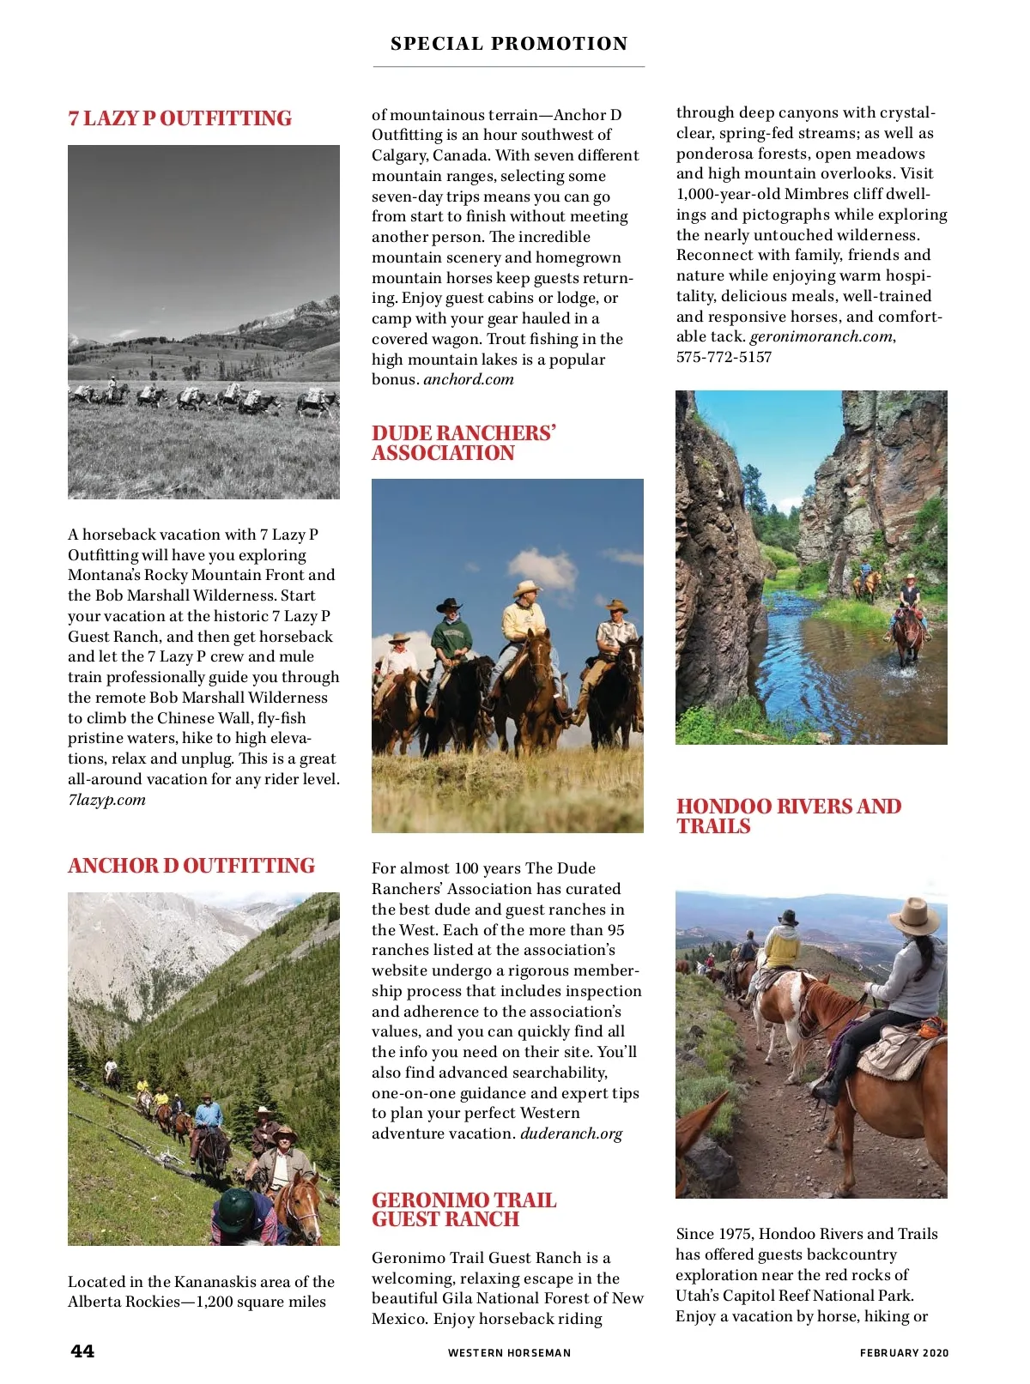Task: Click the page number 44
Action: (x=82, y=1351)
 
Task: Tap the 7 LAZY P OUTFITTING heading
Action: (x=179, y=118)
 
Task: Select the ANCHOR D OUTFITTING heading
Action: (x=191, y=866)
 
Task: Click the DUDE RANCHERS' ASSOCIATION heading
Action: (x=463, y=443)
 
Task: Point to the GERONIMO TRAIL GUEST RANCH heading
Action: (x=463, y=1210)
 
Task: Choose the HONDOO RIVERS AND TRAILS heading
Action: (x=788, y=816)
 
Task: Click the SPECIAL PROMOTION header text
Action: (x=509, y=44)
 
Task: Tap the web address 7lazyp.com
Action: (x=107, y=800)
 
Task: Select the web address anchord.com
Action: (x=469, y=379)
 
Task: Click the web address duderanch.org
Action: (x=572, y=1133)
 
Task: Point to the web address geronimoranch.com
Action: (x=821, y=336)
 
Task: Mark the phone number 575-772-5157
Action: (x=724, y=357)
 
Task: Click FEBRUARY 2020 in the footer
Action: (x=904, y=1353)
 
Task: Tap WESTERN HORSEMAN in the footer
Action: (x=509, y=1353)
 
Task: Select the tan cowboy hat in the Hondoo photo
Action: (x=913, y=916)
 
